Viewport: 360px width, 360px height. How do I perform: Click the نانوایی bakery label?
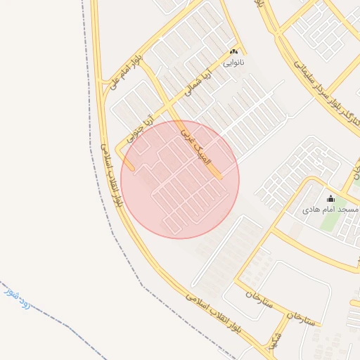234,62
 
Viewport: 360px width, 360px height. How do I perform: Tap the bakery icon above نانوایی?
234,51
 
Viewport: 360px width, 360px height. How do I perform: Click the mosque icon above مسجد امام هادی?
331,199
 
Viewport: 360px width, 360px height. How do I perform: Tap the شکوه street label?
275,340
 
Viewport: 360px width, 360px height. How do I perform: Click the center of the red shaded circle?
180,179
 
